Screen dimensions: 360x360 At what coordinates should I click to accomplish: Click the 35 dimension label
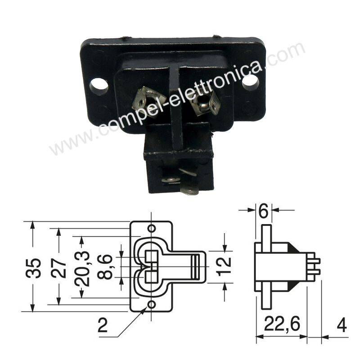[33, 268]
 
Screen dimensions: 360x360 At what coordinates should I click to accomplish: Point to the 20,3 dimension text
[82, 269]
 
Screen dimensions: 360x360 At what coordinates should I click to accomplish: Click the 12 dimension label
[224, 266]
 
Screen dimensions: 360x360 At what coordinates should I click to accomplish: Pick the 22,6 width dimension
[282, 324]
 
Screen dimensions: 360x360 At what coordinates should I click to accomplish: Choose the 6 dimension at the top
[263, 211]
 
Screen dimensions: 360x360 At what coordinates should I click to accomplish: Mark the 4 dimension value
[342, 325]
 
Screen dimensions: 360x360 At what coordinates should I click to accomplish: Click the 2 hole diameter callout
[103, 325]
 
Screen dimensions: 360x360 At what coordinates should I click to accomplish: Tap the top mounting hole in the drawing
[152, 229]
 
